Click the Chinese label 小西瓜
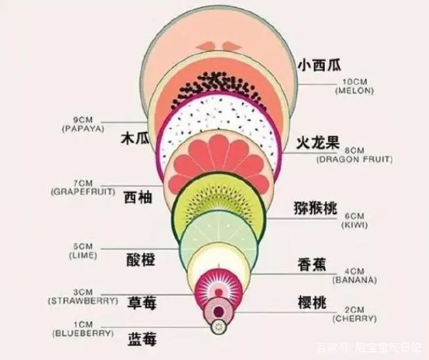[x=319, y=65]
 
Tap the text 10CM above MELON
[x=355, y=82]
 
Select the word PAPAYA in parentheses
[x=84, y=129]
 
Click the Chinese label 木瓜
[x=135, y=138]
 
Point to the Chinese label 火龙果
[x=318, y=142]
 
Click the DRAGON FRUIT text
[x=354, y=159]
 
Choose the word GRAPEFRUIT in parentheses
[x=83, y=191]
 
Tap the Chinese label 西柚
[x=138, y=197]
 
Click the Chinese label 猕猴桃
[x=315, y=208]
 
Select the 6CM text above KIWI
[x=354, y=216]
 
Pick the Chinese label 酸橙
[x=141, y=259]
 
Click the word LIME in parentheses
[x=83, y=255]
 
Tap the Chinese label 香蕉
[x=312, y=265]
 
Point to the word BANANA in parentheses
[x=354, y=280]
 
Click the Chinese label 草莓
[x=142, y=303]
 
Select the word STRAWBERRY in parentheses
[x=83, y=301]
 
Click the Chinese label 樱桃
[x=312, y=303]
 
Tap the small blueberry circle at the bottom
[x=219, y=327]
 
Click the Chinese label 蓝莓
[x=142, y=340]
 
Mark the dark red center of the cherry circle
[x=218, y=311]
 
